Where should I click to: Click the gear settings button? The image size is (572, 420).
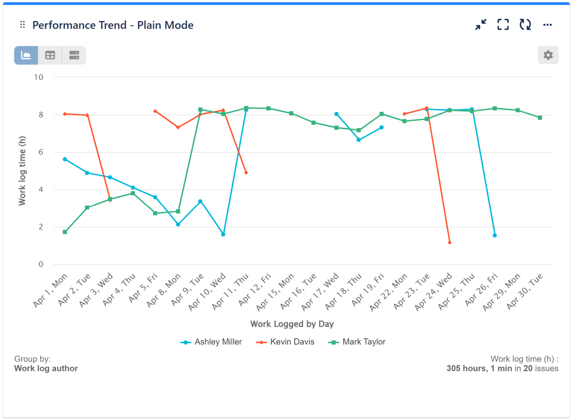[x=548, y=55]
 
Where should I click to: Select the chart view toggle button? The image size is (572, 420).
[x=26, y=55]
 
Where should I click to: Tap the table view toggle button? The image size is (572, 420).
[x=50, y=55]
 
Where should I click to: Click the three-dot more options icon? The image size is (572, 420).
[x=547, y=25]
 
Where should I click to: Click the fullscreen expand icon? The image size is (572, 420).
[x=503, y=25]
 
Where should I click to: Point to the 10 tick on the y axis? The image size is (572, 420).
[x=39, y=77]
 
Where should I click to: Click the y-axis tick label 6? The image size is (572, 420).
[x=41, y=152]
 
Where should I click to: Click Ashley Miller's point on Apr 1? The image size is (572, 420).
[x=65, y=159]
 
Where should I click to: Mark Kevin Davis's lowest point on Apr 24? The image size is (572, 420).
[x=449, y=242]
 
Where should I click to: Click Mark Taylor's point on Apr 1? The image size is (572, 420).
[x=65, y=232]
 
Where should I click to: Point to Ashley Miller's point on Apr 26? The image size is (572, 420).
[x=495, y=235]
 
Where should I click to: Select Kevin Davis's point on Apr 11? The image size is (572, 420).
[x=246, y=172]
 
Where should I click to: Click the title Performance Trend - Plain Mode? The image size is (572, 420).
[x=113, y=25]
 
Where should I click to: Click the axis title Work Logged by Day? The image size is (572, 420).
[x=292, y=324]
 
